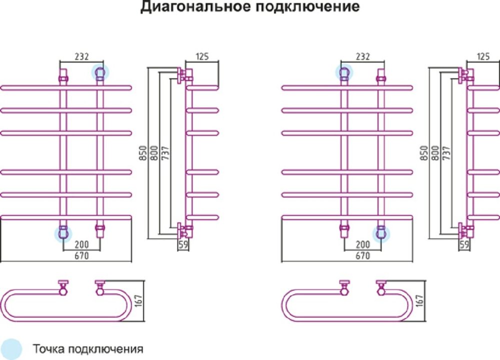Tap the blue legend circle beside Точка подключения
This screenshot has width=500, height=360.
(11, 348)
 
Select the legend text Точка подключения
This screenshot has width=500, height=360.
(88, 348)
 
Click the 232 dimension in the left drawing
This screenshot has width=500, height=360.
(80, 57)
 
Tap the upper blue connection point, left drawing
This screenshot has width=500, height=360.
(99, 73)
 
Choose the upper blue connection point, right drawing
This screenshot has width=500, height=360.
(344, 73)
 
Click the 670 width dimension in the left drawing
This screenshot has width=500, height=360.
(81, 256)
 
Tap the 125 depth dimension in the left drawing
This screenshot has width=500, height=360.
(201, 56)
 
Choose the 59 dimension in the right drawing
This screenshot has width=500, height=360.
(464, 245)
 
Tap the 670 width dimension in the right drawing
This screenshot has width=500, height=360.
(362, 256)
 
